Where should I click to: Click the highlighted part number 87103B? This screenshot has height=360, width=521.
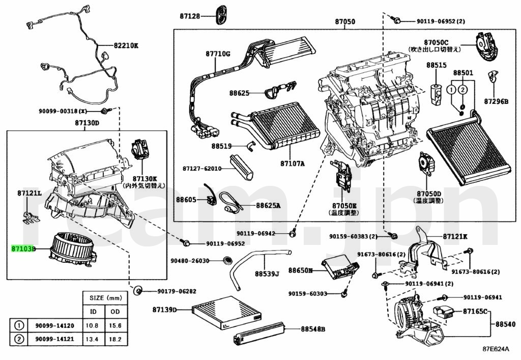pyautogui.click(x=23, y=250)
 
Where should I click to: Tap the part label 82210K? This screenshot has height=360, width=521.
pyautogui.click(x=126, y=45)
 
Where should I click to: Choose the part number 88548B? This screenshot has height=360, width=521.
pyautogui.click(x=312, y=329)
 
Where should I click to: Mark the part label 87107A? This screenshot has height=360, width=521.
pyautogui.click(x=293, y=163)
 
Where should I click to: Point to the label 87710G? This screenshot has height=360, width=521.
pyautogui.click(x=218, y=53)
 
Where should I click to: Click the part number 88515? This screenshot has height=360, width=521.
pyautogui.click(x=436, y=66)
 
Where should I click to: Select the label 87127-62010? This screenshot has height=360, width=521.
pyautogui.click(x=202, y=168)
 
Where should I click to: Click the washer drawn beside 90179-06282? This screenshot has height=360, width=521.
pyautogui.click(x=137, y=291)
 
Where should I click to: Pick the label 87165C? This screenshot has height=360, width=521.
pyautogui.click(x=475, y=311)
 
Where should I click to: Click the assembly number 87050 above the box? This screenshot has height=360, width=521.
pyautogui.click(x=345, y=22)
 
